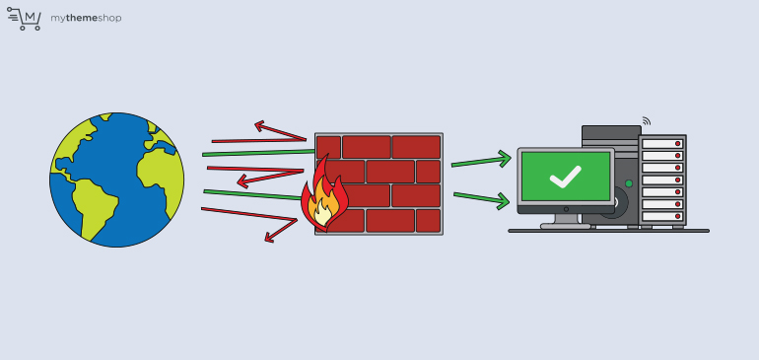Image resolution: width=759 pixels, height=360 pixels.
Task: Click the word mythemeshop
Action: (x=86, y=18)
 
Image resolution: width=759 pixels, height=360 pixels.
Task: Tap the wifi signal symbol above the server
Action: (x=646, y=121)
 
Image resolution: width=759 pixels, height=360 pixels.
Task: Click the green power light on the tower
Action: (x=629, y=183)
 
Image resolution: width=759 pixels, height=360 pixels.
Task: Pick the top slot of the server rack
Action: (x=661, y=144)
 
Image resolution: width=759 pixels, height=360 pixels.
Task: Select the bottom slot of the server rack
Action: (x=661, y=215)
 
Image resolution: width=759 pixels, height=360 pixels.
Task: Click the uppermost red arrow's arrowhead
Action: (x=261, y=126)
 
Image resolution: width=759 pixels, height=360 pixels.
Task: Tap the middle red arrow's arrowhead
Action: (x=243, y=182)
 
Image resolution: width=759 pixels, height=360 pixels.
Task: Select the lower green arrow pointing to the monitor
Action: (x=482, y=199)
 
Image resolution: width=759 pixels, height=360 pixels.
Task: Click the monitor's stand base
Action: (x=566, y=226)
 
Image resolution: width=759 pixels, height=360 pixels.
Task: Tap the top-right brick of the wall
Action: (x=416, y=147)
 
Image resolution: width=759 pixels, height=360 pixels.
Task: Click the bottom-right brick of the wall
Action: (x=428, y=221)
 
